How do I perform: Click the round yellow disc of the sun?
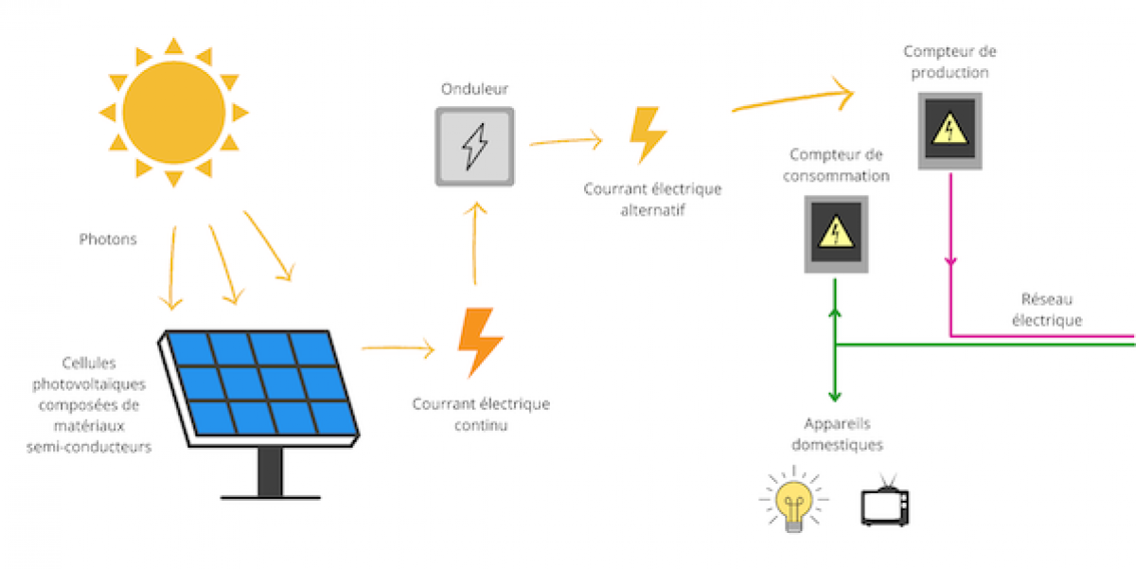coord(173,112)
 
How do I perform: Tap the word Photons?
coord(107,240)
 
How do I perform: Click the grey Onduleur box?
coord(474,146)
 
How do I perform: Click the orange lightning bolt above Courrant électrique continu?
coord(480,342)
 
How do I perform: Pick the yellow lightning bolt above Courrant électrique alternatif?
coord(648,134)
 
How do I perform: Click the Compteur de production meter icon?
coord(950,131)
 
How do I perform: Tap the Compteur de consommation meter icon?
coord(837,234)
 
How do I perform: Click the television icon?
coord(885,501)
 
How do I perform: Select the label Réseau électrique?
coord(1046,309)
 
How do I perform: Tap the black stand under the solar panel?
coord(270,472)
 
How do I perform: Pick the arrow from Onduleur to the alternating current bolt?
coord(565,142)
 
